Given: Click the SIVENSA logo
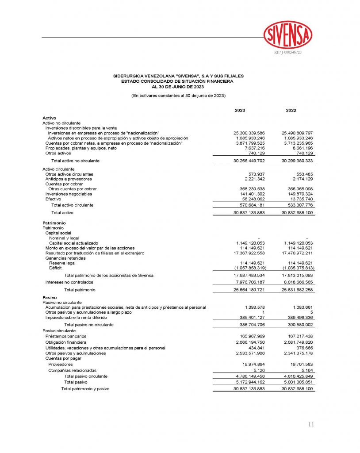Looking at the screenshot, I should [x=287, y=35].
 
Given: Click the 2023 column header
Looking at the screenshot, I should [x=240, y=110].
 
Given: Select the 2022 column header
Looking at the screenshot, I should [x=291, y=110].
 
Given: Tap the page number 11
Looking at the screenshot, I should [x=311, y=425].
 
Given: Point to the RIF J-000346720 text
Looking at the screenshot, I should [x=288, y=53].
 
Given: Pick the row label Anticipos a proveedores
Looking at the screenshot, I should [x=69, y=179].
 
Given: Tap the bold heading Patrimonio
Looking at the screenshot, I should [x=54, y=223].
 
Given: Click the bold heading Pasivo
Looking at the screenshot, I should [x=49, y=298].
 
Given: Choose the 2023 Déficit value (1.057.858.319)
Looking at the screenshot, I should [x=249, y=268].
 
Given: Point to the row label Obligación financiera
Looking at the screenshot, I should [x=66, y=342].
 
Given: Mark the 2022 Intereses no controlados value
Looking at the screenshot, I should [x=297, y=282].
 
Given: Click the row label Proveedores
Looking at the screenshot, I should [x=61, y=365].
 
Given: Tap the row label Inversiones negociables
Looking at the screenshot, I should [x=69, y=194].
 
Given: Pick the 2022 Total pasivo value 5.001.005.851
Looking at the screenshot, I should [x=297, y=382].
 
